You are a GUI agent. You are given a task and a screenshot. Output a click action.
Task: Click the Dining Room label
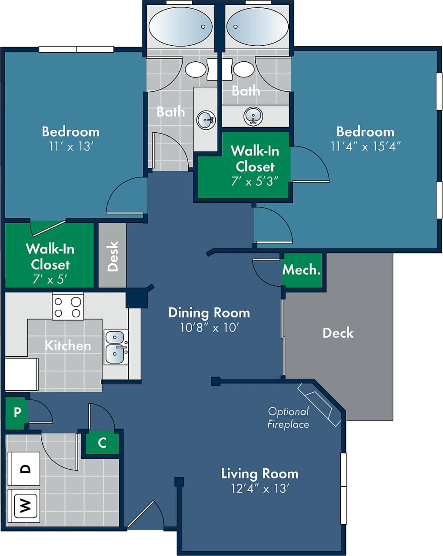(209, 312)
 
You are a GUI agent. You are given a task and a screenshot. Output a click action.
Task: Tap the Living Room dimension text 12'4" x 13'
(260, 489)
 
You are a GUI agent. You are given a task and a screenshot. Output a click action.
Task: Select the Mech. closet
(302, 270)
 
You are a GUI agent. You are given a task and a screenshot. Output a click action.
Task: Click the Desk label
(113, 256)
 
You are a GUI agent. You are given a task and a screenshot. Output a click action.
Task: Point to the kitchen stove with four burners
(67, 307)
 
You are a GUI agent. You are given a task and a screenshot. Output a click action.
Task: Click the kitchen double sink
(116, 347)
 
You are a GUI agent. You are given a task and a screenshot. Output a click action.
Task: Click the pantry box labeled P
(17, 412)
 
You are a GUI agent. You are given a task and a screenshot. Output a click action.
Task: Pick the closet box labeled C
(102, 443)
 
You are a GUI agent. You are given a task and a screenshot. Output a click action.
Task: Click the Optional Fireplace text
(288, 418)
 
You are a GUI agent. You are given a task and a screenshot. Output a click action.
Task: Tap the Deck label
(338, 333)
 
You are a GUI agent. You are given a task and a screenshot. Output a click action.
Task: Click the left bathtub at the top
(180, 26)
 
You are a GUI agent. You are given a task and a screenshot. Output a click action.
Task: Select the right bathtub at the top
(257, 26)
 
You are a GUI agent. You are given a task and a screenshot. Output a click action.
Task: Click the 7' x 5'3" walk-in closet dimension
(254, 181)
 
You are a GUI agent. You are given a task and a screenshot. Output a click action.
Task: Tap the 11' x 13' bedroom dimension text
(70, 147)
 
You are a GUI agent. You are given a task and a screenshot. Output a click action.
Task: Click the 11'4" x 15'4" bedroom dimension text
(365, 147)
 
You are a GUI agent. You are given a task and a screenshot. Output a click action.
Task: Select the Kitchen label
(68, 345)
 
